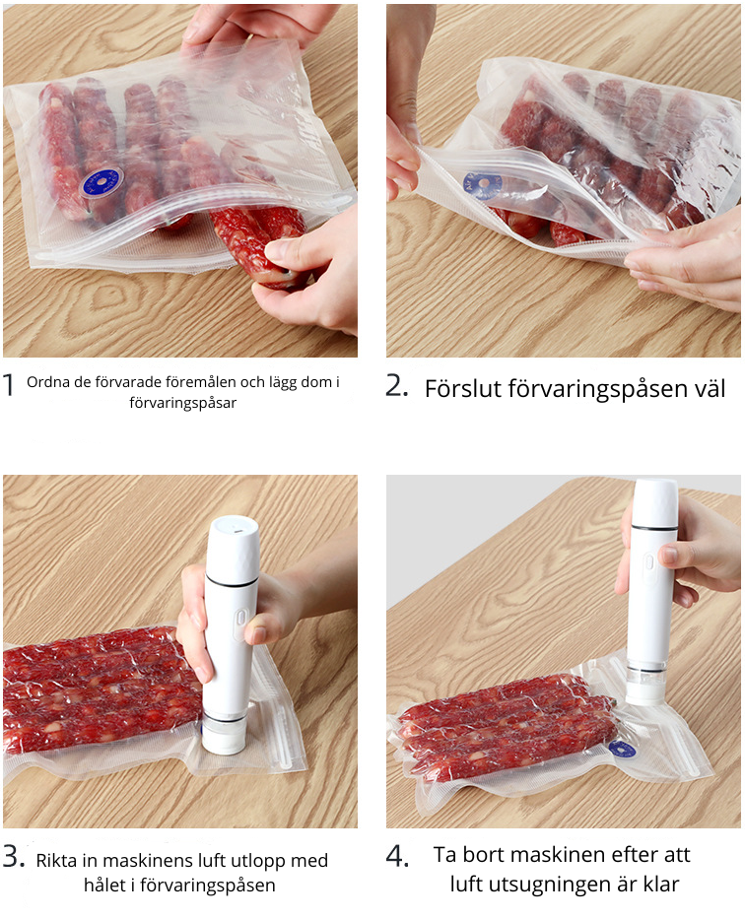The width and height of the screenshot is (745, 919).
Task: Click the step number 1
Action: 8,385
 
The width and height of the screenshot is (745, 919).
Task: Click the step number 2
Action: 397,386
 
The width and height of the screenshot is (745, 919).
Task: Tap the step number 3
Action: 14,857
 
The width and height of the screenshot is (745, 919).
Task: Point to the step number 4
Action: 397,857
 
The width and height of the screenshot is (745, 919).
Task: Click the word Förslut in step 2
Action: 462,389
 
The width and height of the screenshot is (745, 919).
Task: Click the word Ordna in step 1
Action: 44,382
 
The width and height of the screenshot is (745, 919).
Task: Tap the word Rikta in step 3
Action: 56,860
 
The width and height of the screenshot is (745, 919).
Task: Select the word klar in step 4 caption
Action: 660,884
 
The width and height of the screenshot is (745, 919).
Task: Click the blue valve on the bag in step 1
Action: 102,183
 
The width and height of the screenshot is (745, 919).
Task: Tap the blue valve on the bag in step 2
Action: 481,186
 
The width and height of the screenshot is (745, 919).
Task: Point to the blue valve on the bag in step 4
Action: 622,749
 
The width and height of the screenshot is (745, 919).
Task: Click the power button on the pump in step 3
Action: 240,619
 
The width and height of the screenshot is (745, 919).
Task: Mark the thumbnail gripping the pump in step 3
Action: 255,634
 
